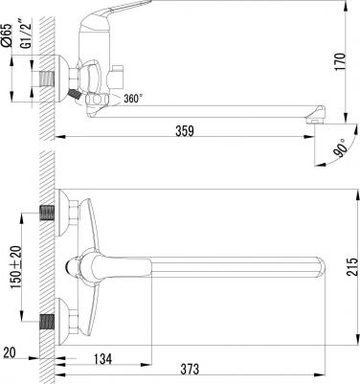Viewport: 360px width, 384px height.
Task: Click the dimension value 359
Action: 185,131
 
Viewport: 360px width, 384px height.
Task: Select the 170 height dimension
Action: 341,62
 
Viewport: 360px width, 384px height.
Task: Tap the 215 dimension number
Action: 351,266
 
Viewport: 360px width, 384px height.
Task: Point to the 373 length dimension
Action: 190,370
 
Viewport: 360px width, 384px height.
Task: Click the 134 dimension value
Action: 103,359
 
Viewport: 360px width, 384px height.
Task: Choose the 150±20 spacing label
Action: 16,267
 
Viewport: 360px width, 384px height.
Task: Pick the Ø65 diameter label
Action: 7,35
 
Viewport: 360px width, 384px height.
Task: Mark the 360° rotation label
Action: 133,99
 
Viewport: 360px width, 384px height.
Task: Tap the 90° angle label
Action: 340,147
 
